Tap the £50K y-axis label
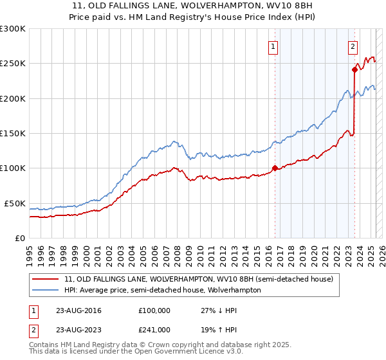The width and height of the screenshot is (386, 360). pyautogui.click(x=15, y=203)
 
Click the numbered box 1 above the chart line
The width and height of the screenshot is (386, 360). pyautogui.click(x=273, y=46)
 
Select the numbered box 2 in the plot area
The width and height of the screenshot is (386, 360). pyautogui.click(x=353, y=46)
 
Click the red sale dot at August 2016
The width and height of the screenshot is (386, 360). pyautogui.click(x=275, y=168)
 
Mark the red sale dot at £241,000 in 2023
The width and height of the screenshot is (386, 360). pyautogui.click(x=354, y=70)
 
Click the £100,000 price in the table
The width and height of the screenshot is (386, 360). pyautogui.click(x=154, y=311)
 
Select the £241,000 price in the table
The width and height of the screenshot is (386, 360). pyautogui.click(x=154, y=329)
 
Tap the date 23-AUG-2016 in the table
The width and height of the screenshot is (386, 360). pyautogui.click(x=79, y=311)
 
